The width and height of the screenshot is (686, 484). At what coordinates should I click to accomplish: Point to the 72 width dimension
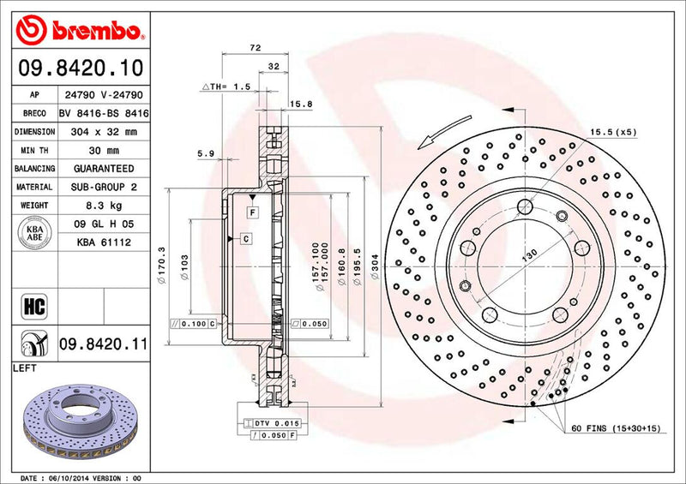[255, 49]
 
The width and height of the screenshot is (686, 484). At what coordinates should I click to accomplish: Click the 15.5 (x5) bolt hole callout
[611, 132]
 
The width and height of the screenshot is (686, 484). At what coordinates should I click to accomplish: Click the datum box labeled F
[254, 211]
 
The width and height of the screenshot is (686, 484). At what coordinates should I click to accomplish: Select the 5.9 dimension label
[206, 154]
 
